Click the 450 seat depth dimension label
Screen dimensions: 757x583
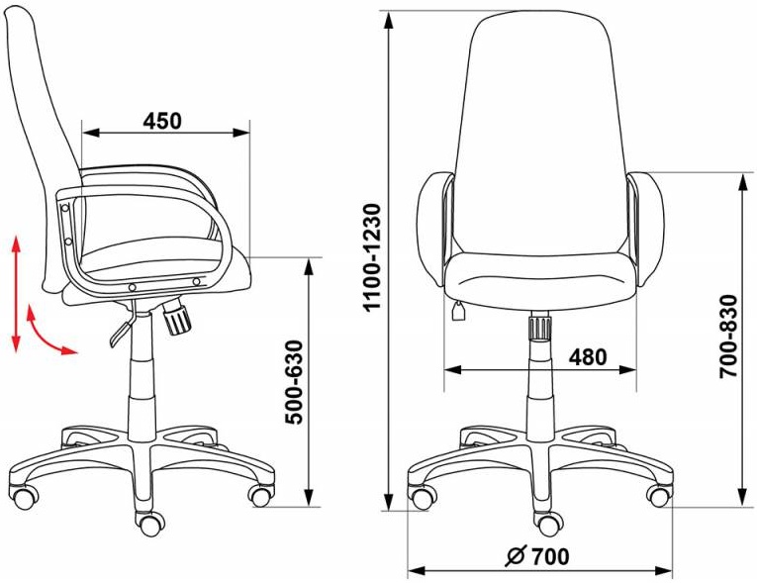pyautogui.click(x=162, y=121)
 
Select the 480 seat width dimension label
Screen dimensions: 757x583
pyautogui.click(x=588, y=357)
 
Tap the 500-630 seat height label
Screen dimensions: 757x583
pyautogui.click(x=294, y=382)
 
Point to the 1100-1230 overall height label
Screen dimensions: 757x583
pyautogui.click(x=373, y=258)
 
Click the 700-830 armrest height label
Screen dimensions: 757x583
pyautogui.click(x=728, y=337)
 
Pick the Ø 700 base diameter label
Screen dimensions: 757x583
pyautogui.click(x=537, y=556)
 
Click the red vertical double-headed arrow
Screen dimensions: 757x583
pyautogui.click(x=17, y=294)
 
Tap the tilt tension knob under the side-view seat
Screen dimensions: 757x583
pyautogui.click(x=177, y=317)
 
